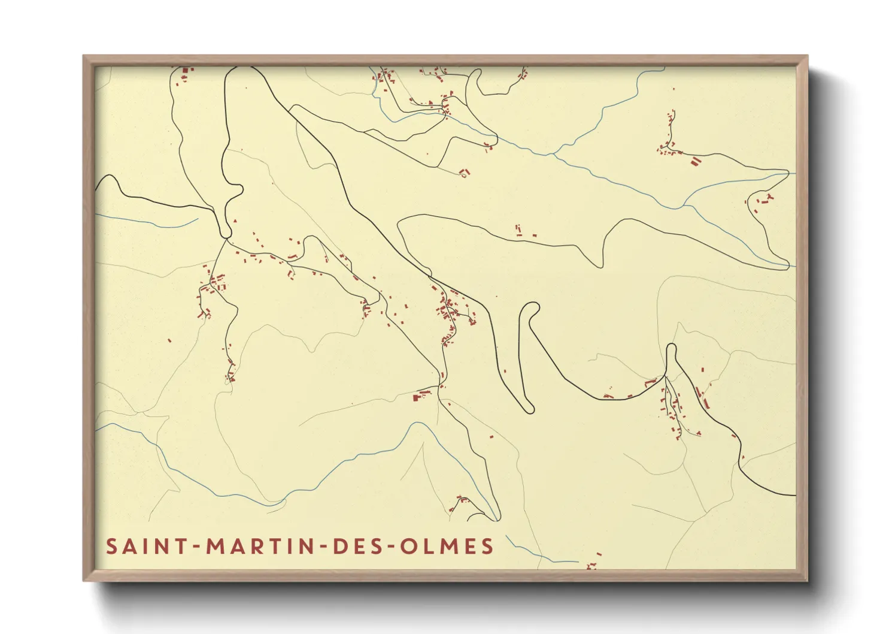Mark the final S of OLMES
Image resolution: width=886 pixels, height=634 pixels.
488,547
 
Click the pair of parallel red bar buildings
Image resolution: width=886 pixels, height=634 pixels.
695,161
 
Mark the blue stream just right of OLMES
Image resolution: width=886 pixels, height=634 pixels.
527,553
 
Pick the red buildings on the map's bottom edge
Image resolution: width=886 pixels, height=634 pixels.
592,564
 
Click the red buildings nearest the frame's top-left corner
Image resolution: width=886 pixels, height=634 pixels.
185,74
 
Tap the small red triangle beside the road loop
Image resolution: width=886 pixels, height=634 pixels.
236,221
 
